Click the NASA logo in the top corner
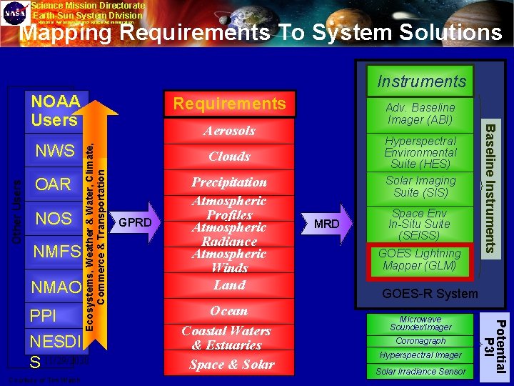tap(15, 14)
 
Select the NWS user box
tap(54, 151)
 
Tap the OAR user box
tap(54, 184)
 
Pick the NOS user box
tap(54, 218)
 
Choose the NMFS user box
tap(54, 252)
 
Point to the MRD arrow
tap(328, 224)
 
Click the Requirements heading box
tap(230, 104)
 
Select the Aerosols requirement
tap(229, 131)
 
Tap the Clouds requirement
tap(229, 157)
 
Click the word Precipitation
tap(229, 182)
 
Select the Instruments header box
tap(421, 81)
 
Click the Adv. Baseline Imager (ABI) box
tap(420, 113)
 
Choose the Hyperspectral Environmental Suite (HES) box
tap(420, 152)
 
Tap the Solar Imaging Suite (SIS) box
tap(420, 187)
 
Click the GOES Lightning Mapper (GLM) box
tap(420, 259)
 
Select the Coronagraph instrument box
tap(420, 341)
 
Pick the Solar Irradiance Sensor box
tap(420, 371)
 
